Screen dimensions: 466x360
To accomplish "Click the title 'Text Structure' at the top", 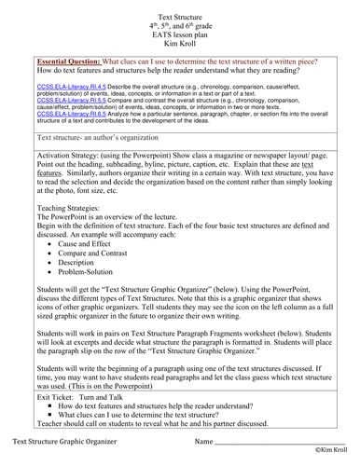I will [x=181, y=7].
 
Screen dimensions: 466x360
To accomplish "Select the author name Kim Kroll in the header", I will [x=181, y=44].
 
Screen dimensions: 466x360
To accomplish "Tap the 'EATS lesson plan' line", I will [x=181, y=32].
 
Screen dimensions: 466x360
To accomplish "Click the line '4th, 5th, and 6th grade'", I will [x=181, y=20].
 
